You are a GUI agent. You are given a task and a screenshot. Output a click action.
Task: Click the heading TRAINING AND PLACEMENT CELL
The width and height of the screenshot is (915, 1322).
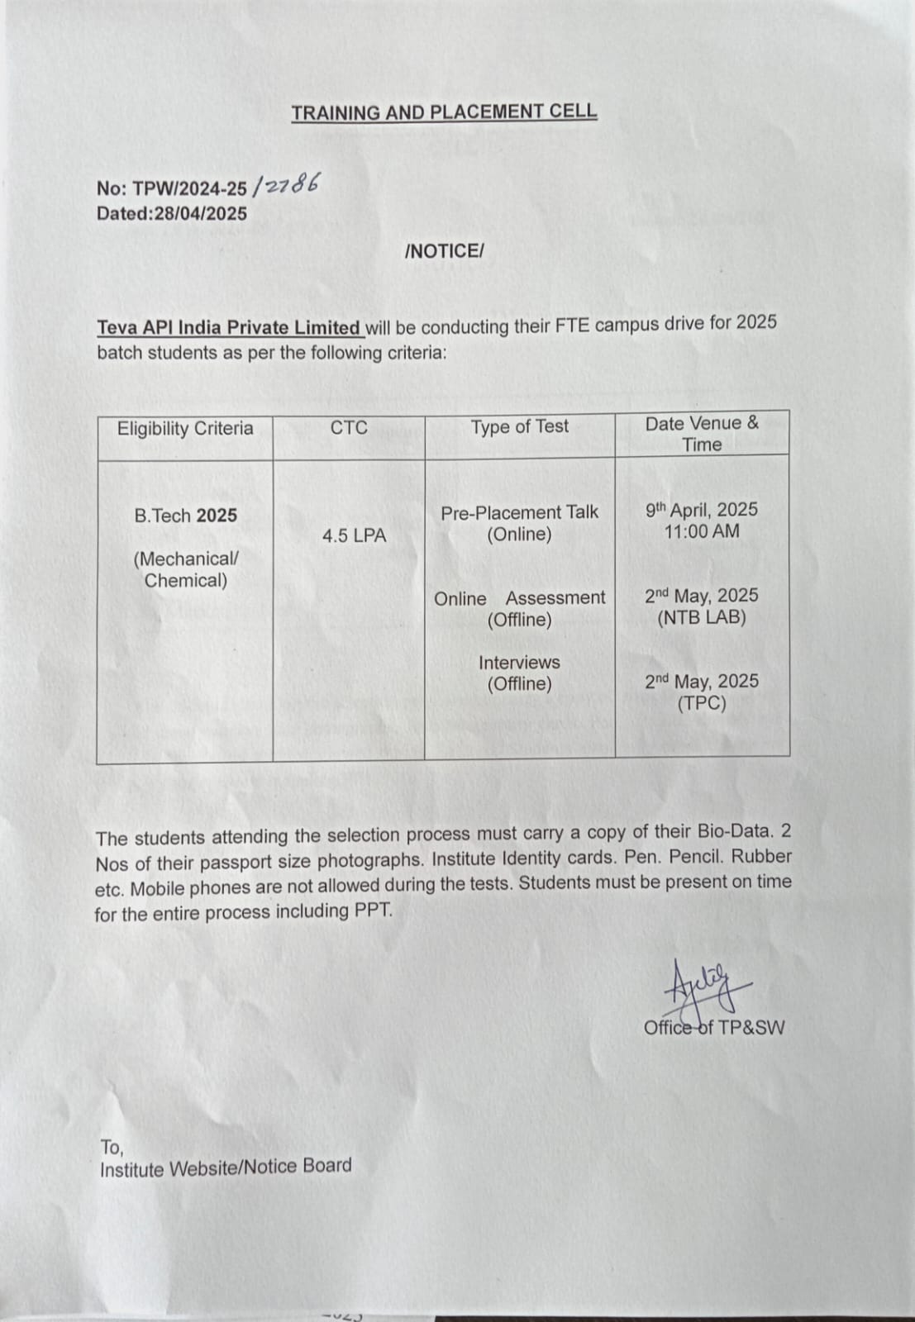(x=444, y=112)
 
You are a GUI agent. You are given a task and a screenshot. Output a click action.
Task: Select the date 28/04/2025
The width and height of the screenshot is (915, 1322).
(x=200, y=213)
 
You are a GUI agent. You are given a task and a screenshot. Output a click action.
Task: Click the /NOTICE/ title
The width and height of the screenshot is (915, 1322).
(x=444, y=251)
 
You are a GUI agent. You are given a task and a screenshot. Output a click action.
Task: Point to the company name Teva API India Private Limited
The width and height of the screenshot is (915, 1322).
(x=229, y=327)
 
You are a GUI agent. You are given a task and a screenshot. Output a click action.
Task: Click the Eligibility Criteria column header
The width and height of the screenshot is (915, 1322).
(x=185, y=428)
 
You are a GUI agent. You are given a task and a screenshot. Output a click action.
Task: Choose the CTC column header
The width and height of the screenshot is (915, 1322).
(x=349, y=427)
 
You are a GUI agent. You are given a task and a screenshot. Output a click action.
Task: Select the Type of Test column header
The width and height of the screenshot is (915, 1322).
(x=520, y=426)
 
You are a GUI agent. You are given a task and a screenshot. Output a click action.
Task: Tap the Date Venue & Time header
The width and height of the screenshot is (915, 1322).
(x=702, y=434)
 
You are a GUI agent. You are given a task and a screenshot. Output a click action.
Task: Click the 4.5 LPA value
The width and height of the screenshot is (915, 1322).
(x=354, y=535)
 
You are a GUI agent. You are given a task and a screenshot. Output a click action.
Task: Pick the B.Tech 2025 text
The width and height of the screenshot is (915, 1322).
(x=185, y=516)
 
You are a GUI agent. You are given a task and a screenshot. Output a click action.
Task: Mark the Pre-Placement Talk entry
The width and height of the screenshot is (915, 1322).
(x=519, y=512)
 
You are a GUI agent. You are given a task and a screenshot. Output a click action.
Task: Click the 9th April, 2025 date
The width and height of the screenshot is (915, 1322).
(x=701, y=510)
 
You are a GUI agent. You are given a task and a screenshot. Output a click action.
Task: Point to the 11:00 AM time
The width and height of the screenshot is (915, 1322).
(x=702, y=532)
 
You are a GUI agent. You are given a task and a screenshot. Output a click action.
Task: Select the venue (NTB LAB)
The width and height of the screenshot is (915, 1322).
(x=702, y=618)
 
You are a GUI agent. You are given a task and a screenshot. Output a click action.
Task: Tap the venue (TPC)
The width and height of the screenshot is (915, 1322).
(x=702, y=704)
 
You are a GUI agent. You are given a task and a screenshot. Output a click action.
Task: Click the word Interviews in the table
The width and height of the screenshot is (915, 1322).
(x=519, y=663)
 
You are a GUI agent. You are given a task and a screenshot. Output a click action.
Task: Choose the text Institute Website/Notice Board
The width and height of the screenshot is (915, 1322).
(x=226, y=1167)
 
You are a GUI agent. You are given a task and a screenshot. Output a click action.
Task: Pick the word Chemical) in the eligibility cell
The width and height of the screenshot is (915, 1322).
(x=186, y=580)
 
